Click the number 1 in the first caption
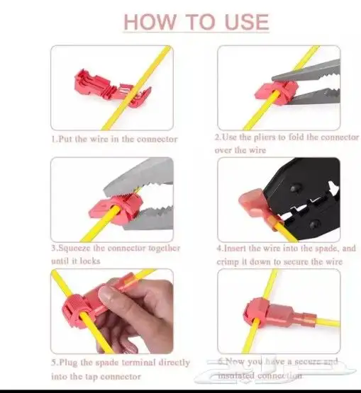pyautogui.click(x=53, y=139)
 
